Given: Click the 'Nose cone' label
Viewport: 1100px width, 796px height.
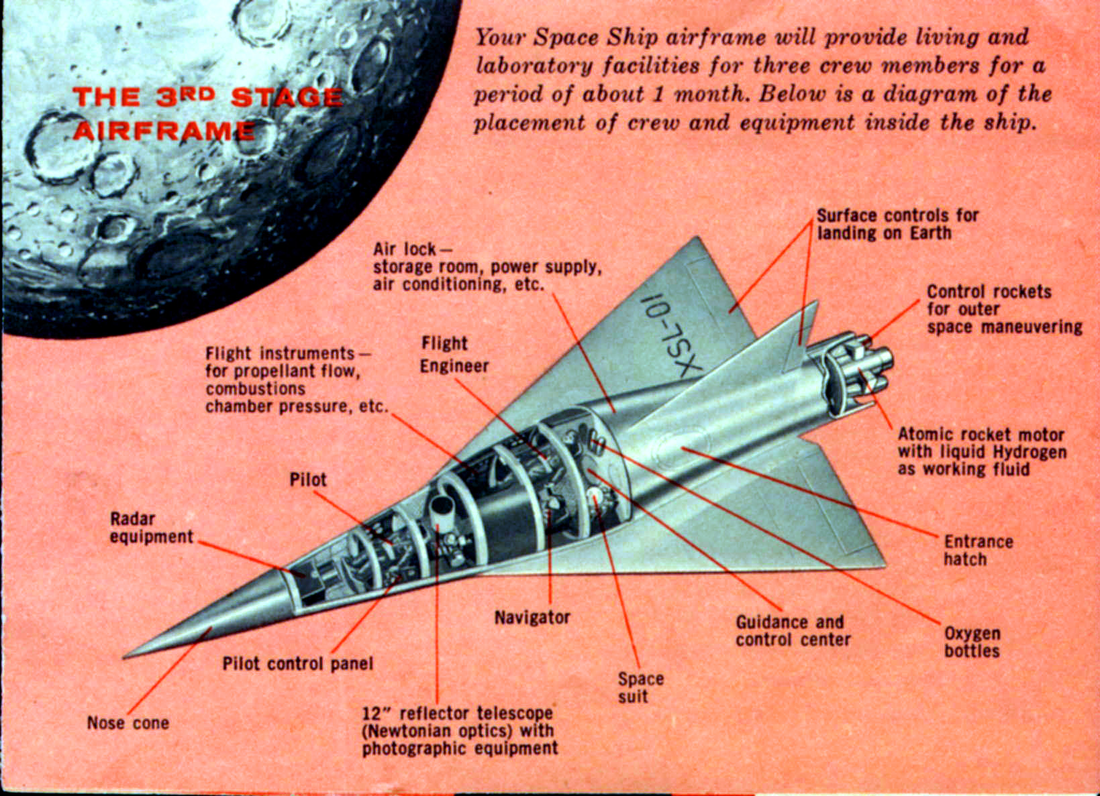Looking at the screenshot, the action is (128, 723).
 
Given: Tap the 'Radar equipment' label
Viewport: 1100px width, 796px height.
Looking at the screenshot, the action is (151, 528).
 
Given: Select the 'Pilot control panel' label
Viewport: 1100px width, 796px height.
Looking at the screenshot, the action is (297, 664).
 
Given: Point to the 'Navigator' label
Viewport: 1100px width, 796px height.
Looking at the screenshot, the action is (532, 618).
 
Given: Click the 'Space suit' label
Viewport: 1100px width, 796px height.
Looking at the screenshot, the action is (640, 687).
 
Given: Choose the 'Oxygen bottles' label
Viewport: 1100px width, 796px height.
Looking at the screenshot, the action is (972, 642).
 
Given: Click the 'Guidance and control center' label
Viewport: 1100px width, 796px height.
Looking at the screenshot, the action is (793, 631).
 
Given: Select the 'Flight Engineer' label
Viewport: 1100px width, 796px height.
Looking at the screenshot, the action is (454, 354).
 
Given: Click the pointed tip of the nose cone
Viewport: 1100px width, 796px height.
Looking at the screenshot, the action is (123, 657).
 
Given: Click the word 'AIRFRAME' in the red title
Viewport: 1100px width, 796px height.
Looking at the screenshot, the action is (164, 131).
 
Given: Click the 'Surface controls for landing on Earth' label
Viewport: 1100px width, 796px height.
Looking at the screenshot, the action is (898, 224).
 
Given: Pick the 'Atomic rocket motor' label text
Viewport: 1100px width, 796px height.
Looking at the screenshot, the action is (981, 435).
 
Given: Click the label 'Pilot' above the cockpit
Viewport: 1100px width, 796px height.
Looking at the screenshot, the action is (308, 479).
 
